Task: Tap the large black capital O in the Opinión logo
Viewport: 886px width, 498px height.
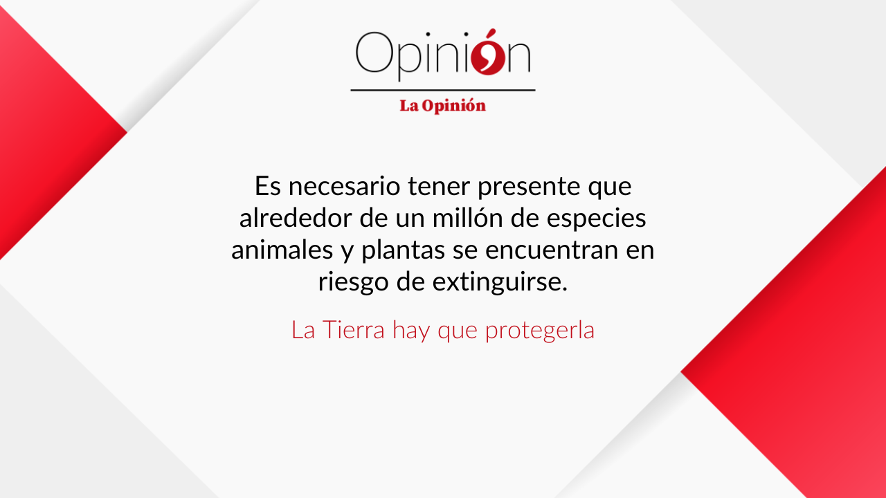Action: tap(374, 52)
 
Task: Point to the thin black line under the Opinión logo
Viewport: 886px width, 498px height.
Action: tap(443, 90)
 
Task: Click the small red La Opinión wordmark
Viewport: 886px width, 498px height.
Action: tap(442, 106)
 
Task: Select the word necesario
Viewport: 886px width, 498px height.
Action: tap(344, 186)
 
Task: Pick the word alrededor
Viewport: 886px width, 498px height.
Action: tap(296, 217)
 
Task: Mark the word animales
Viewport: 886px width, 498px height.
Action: tap(282, 250)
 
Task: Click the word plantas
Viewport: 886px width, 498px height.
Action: tap(403, 250)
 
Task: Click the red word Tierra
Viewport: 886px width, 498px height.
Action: tap(354, 329)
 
